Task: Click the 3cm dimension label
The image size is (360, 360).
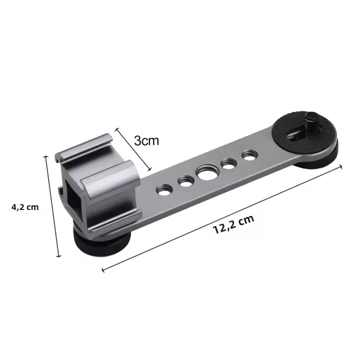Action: coord(146,140)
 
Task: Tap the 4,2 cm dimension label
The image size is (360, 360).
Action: coord(25,207)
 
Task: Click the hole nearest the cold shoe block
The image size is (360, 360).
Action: coord(164,189)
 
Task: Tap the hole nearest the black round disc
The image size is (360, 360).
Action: coord(249,155)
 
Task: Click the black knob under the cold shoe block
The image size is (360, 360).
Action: coord(101,241)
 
